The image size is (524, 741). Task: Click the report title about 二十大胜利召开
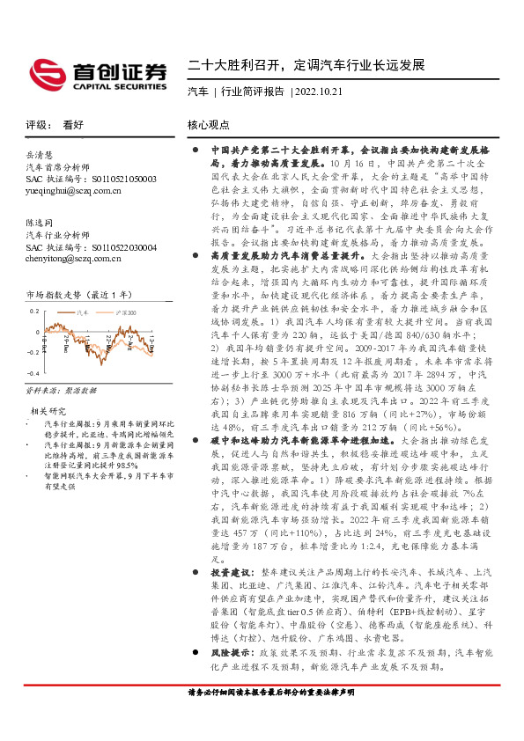coord(306,66)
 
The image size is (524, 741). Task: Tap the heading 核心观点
coord(209,125)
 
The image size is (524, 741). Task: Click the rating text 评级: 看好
coord(55,125)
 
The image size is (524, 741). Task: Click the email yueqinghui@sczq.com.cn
coord(74,189)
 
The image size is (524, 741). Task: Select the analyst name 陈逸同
coord(41,224)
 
